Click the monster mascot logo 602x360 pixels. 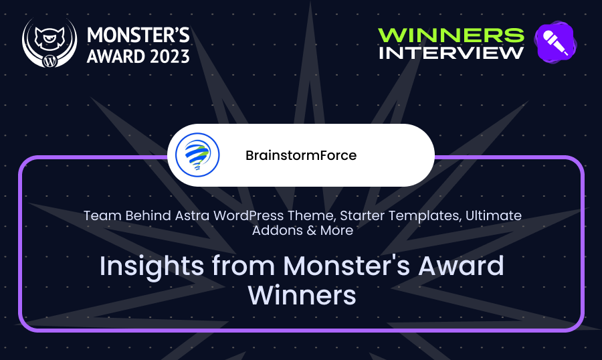49,43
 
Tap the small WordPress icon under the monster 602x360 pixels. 49,61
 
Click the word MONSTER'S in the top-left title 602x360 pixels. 138,35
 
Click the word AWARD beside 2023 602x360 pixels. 116,56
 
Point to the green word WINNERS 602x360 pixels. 451,35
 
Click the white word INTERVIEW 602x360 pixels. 451,53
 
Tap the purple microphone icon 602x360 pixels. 555,42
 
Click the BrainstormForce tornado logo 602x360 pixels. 197,155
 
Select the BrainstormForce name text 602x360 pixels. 301,155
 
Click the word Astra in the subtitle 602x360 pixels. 193,215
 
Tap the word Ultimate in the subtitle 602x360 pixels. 494,215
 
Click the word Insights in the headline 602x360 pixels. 152,266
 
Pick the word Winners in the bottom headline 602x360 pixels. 302,296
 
